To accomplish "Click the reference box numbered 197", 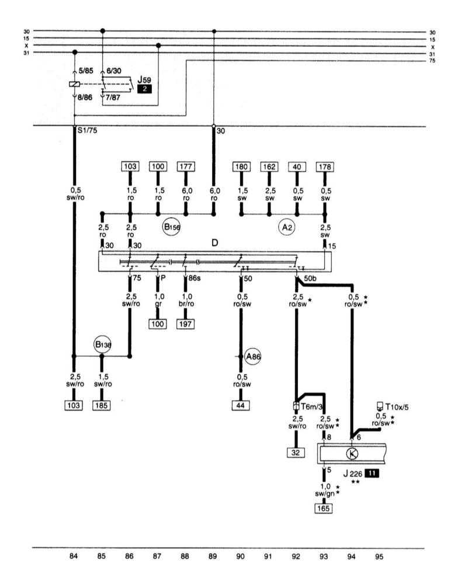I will [x=186, y=324].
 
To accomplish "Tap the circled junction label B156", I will [x=171, y=228].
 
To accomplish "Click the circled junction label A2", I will [x=286, y=228].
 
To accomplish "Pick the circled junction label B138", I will [x=103, y=345].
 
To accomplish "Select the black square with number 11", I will [x=372, y=474].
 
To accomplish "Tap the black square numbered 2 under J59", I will [x=144, y=89].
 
